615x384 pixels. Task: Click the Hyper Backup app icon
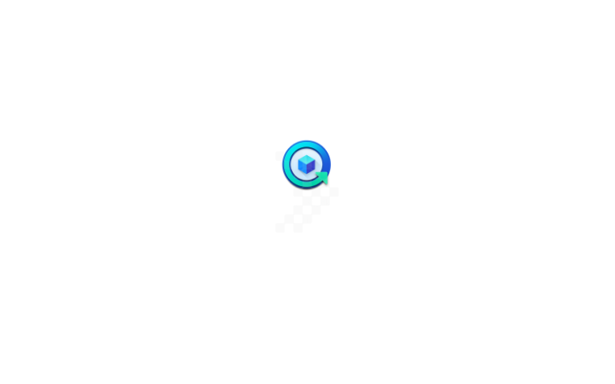tap(307, 164)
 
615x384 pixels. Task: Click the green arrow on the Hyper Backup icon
tap(321, 178)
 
